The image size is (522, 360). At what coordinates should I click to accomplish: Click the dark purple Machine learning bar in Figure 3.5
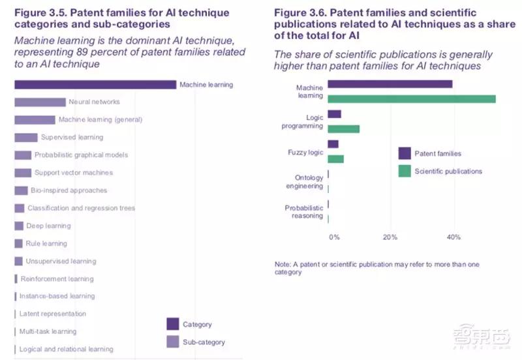click(x=95, y=85)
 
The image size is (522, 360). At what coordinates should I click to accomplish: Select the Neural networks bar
click(x=40, y=102)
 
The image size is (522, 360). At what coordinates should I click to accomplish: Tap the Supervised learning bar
click(x=26, y=138)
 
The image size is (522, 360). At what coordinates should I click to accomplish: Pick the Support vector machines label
click(x=74, y=173)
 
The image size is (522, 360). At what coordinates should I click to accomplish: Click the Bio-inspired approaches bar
click(x=21, y=190)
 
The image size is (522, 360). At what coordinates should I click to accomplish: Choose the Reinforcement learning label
click(x=57, y=278)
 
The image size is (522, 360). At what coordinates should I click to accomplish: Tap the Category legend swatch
click(x=173, y=324)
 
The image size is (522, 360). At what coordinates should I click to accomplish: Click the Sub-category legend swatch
click(x=173, y=342)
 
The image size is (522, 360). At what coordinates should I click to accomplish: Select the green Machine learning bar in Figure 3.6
click(x=411, y=99)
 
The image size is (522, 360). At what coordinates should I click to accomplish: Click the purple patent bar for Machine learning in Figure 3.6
click(x=390, y=84)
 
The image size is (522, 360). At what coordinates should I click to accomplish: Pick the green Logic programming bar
click(x=343, y=129)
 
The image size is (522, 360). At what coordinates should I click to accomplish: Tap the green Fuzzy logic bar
click(x=335, y=159)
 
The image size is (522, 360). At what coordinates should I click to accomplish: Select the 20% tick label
click(x=390, y=237)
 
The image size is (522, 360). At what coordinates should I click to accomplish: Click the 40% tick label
click(x=453, y=237)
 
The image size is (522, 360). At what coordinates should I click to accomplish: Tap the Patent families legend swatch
click(x=405, y=154)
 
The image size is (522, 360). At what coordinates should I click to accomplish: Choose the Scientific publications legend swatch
click(x=405, y=171)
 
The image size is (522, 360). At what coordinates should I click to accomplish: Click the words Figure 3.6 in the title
click(x=299, y=13)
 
